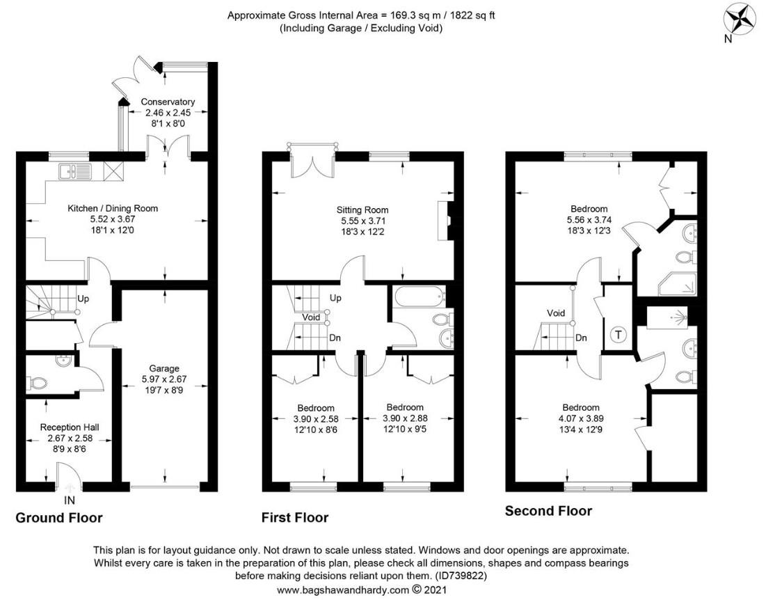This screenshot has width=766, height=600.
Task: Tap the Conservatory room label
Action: [168, 102]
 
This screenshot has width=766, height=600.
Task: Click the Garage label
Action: [164, 368]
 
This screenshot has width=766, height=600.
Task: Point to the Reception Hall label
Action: [70, 427]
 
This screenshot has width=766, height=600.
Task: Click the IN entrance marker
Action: [70, 500]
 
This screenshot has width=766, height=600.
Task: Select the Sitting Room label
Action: [362, 210]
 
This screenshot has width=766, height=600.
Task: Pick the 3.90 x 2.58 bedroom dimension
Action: [316, 419]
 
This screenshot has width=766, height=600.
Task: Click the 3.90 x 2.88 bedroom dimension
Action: [405, 418]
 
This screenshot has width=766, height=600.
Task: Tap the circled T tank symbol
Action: [619, 335]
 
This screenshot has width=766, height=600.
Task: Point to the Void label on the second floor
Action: [556, 313]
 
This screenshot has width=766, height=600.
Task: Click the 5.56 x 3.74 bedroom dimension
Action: [589, 220]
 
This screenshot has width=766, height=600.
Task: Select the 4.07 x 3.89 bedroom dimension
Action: [581, 419]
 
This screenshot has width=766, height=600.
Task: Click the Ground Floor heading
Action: [59, 518]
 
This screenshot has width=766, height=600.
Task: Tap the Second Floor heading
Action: [548, 511]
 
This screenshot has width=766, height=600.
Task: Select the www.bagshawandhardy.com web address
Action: [342, 590]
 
